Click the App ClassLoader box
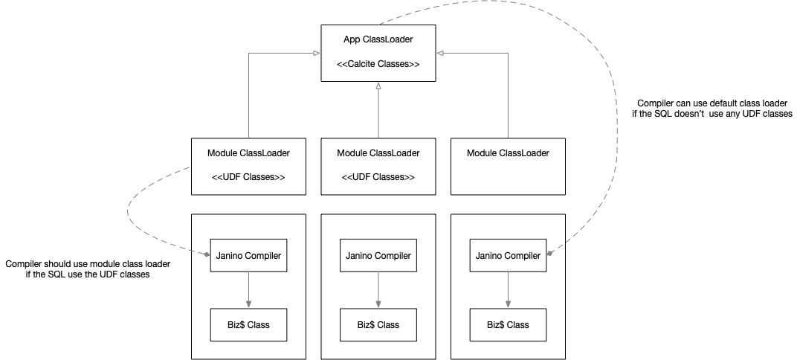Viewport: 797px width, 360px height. [x=378, y=53]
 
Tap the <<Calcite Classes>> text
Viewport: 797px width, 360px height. [x=378, y=65]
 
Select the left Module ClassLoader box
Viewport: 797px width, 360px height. [x=248, y=167]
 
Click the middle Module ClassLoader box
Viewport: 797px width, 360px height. [x=378, y=167]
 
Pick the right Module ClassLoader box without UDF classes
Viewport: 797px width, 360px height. [x=509, y=167]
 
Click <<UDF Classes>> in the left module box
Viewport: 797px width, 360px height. [x=248, y=178]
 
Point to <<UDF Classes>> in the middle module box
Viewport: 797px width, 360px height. [x=378, y=178]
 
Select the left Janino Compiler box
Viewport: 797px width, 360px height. [x=248, y=255]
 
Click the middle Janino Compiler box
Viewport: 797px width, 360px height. [x=378, y=255]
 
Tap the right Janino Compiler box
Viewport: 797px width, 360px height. [x=509, y=255]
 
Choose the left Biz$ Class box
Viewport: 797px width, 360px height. [x=248, y=324]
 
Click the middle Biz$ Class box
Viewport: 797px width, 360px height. [x=378, y=324]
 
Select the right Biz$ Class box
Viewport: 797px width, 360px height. [x=509, y=324]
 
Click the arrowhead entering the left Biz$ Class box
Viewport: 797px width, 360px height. [x=248, y=304]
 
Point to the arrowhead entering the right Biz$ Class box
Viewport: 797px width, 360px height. [x=509, y=304]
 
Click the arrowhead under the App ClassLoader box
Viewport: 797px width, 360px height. [x=378, y=85]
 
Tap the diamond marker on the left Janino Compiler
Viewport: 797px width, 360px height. [x=207, y=254]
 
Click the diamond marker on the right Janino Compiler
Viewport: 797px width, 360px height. [x=549, y=253]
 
